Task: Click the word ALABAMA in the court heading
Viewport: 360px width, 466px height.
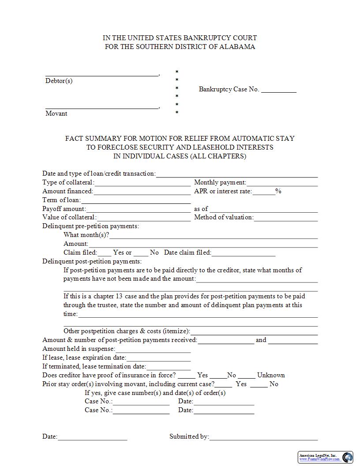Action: tap(240, 47)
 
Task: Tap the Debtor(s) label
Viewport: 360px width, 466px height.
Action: tap(59, 81)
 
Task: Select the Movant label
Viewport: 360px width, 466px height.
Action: tap(56, 113)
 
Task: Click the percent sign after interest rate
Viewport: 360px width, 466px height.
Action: tap(278, 191)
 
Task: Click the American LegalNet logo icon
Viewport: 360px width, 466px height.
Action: tap(348, 457)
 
